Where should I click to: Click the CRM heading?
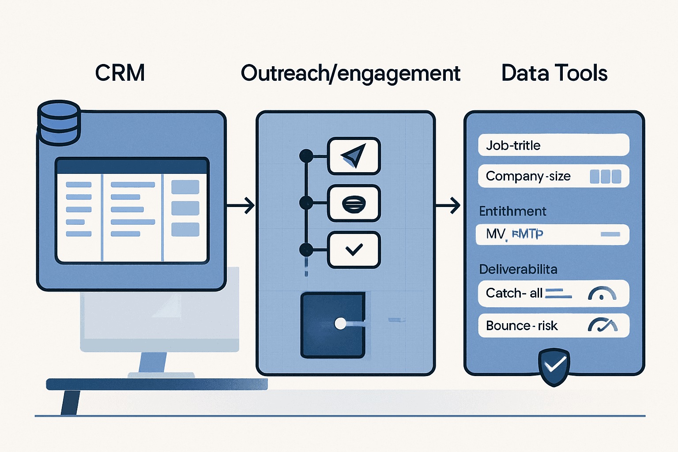[120, 73]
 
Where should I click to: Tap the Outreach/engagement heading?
[350, 74]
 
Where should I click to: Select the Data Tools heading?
[554, 73]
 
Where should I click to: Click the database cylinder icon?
[59, 122]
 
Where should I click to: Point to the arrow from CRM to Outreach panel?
[241, 206]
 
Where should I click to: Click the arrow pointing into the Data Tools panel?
[448, 206]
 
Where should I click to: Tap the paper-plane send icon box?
[354, 156]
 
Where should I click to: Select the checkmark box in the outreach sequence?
[354, 250]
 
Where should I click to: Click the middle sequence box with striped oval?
[354, 203]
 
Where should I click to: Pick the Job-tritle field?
[553, 145]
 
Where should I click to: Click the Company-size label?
[528, 176]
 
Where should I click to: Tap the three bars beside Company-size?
[605, 177]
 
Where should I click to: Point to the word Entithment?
[512, 211]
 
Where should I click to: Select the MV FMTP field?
[552, 234]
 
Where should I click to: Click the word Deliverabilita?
[518, 269]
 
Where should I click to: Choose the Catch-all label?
[514, 293]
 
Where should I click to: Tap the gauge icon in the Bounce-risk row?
[603, 326]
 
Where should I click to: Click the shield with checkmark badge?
[554, 366]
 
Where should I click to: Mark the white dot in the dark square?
[340, 324]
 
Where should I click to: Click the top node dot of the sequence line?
[306, 156]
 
